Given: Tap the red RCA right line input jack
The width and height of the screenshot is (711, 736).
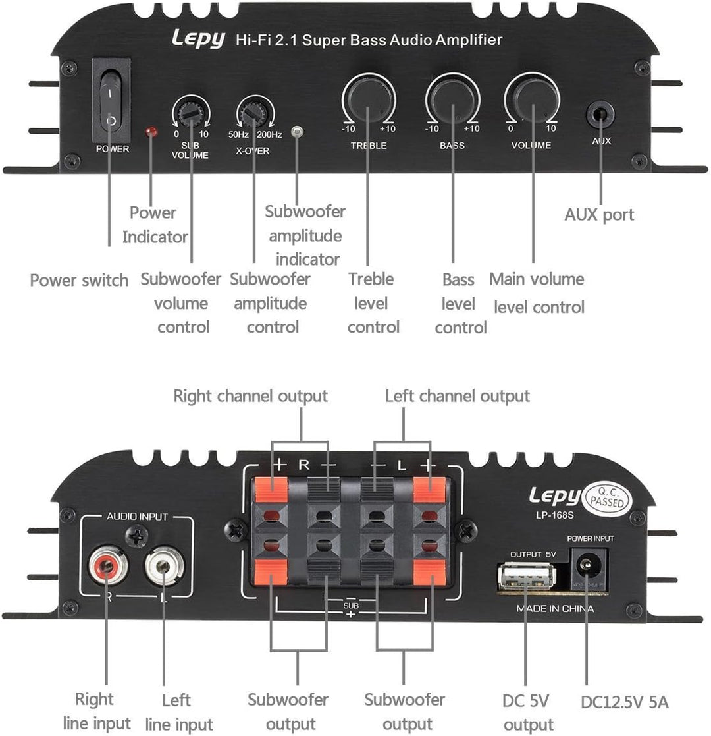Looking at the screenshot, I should (106, 568).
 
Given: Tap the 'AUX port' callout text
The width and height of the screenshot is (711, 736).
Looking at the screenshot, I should (599, 215).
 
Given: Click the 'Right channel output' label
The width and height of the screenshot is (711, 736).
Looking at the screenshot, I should (250, 396).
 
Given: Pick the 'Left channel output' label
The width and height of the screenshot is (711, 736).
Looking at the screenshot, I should (457, 396).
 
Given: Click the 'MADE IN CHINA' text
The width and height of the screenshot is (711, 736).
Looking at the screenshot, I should (554, 609).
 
